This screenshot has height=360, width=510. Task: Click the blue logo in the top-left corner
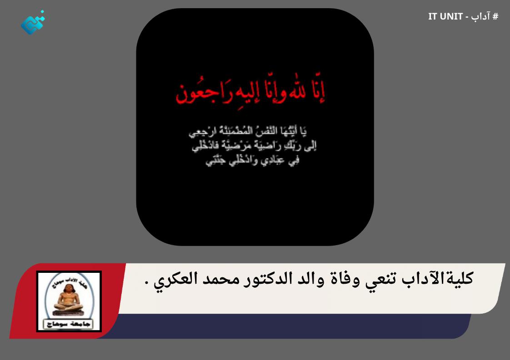[x=33, y=23]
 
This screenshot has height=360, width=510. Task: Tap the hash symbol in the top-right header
[x=495, y=17]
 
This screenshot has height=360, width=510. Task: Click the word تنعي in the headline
[x=381, y=278]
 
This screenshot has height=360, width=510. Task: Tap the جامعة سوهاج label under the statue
[x=69, y=324]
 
